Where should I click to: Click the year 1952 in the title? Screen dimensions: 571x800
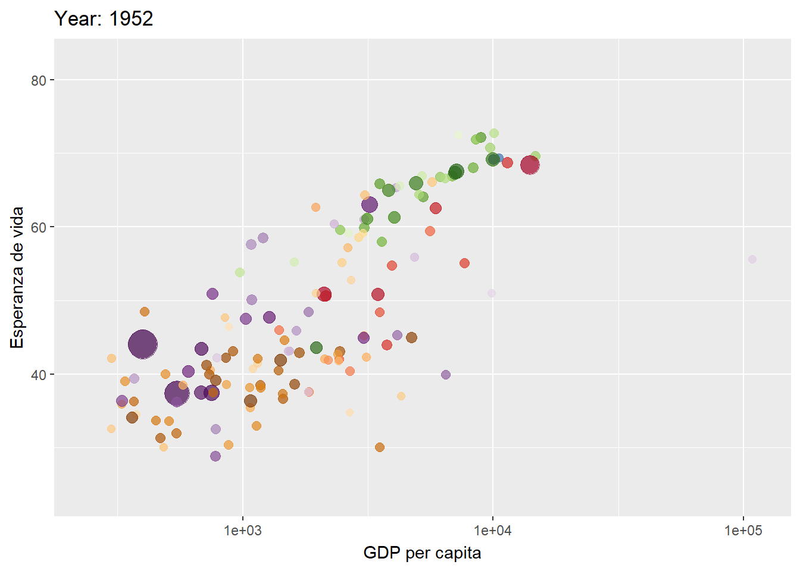(x=131, y=18)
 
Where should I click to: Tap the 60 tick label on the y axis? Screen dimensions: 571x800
(x=39, y=227)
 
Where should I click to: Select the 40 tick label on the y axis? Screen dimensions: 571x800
(x=39, y=375)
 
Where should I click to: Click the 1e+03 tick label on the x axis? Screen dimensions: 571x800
(x=242, y=531)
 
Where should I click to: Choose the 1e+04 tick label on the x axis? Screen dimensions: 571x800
(x=492, y=531)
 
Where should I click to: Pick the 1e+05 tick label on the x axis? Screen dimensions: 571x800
(x=743, y=531)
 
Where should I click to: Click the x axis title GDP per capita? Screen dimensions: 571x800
(x=422, y=553)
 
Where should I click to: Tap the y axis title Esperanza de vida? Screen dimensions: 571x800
(x=17, y=278)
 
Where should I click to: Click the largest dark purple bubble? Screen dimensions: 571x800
(x=143, y=344)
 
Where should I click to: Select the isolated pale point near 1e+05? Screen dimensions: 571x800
(x=752, y=259)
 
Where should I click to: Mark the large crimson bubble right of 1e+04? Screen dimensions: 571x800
(x=530, y=165)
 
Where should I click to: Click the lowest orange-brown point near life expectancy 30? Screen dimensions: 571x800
(x=380, y=447)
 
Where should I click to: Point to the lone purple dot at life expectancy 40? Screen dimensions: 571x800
(x=446, y=375)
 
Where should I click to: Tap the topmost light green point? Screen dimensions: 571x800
(x=494, y=133)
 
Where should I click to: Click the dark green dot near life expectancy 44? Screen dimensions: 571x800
(x=316, y=347)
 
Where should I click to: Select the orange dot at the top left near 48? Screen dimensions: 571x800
(x=145, y=312)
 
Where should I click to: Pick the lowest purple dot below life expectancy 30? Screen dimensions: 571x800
(x=215, y=456)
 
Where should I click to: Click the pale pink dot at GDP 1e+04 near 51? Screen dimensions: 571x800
(x=492, y=293)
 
